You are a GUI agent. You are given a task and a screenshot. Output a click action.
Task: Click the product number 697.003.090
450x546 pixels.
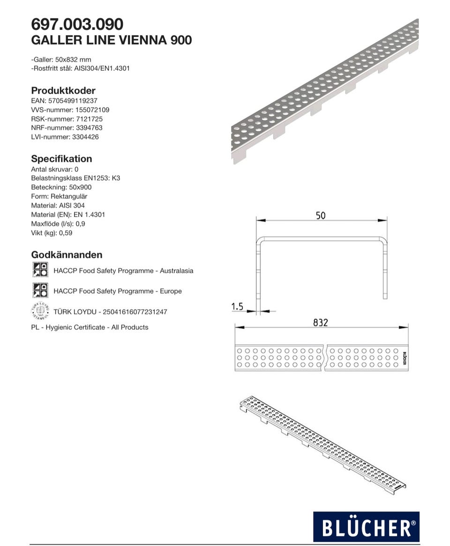pos(77,24)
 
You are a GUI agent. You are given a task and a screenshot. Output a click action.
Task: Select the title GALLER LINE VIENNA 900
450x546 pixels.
pos(111,40)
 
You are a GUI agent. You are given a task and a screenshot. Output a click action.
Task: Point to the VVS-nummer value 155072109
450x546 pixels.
pos(92,110)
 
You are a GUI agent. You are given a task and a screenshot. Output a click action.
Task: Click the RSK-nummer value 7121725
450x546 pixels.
pos(89,119)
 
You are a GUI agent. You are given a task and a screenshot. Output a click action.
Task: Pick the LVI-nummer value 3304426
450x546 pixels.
pos(85,137)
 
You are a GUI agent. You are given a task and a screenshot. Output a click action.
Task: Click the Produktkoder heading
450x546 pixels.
pos(63,91)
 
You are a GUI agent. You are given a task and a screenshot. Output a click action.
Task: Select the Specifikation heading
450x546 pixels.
pos(61,159)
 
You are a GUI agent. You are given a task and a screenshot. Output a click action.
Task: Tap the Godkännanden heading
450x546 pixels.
pos(67,255)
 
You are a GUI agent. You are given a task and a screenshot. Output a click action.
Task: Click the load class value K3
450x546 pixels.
pos(116,178)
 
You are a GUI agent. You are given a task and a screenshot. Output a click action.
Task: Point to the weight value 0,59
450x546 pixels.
pos(66,233)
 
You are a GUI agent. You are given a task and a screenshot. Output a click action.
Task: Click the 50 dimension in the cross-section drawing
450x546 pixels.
pos(321,216)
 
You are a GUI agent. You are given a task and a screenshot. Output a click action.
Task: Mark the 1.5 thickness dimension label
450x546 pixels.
pos(238,306)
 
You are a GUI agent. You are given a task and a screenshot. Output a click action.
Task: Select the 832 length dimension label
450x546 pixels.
pos(321,322)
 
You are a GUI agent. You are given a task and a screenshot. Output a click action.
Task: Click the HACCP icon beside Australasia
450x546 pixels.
pos(40,270)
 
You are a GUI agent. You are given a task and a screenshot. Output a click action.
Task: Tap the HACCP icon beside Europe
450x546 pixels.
pos(40,291)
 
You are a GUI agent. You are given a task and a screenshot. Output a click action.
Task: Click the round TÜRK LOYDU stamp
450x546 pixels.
pos(40,311)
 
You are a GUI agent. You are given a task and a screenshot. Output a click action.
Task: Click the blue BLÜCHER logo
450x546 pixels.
pos(366,526)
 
